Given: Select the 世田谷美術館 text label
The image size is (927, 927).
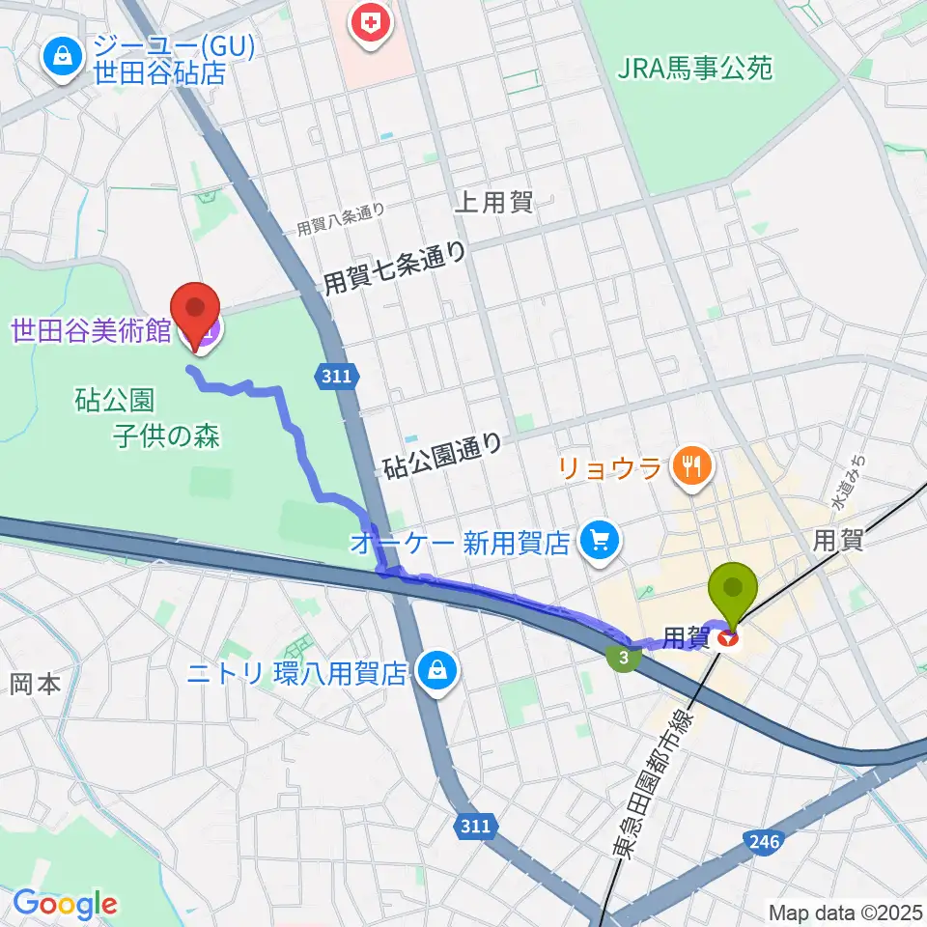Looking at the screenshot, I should (91, 331).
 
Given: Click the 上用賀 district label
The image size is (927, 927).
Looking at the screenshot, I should (492, 202).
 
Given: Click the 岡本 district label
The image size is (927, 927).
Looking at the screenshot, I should (36, 685).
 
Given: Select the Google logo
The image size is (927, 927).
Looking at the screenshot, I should (65, 904).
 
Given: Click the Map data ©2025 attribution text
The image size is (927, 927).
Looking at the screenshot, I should (846, 912).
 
